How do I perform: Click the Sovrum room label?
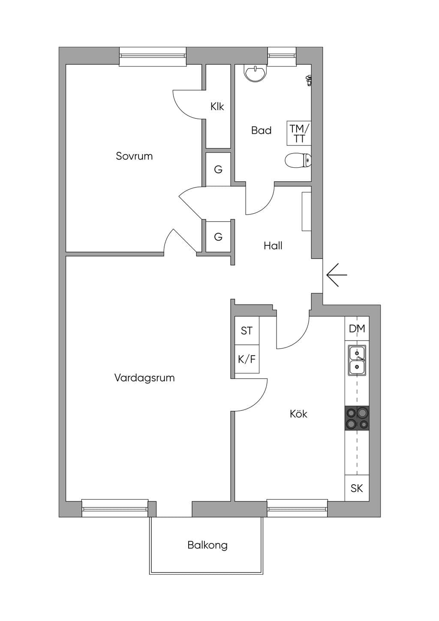(134, 156)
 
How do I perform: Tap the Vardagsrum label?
(144, 377)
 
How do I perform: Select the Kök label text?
(298, 414)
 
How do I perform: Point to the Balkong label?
(207, 545)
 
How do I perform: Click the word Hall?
(273, 246)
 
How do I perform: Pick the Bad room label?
(262, 130)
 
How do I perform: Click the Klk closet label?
(217, 106)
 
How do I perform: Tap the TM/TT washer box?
(299, 133)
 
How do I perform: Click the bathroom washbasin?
(255, 73)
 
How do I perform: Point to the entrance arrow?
(337, 275)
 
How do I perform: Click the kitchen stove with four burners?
(357, 418)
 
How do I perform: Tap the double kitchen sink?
(357, 360)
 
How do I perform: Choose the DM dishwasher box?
(357, 329)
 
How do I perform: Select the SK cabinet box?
(357, 488)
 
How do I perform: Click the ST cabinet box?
(247, 331)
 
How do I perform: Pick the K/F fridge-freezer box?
(247, 359)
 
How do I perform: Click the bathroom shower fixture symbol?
(309, 80)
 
